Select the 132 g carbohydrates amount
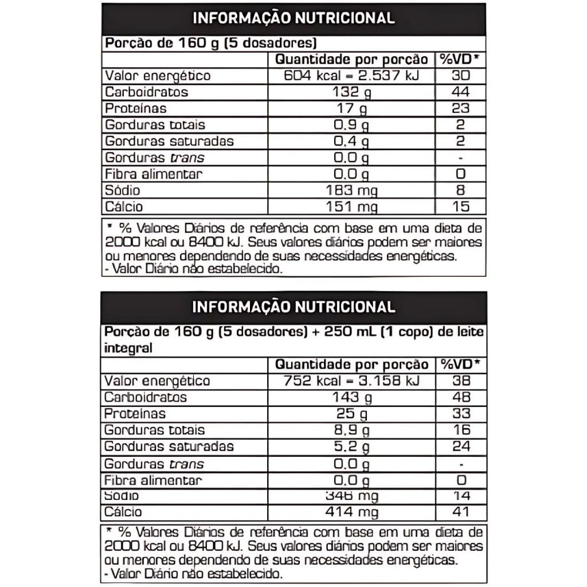pyautogui.click(x=351, y=92)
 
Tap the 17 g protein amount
pyautogui.click(x=351, y=108)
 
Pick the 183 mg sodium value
pyautogui.click(x=351, y=190)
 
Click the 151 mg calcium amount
pyautogui.click(x=351, y=207)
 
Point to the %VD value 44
pyautogui.click(x=460, y=92)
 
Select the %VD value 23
pyautogui.click(x=460, y=108)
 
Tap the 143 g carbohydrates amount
pyautogui.click(x=351, y=397)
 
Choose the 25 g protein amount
pyautogui.click(x=351, y=414)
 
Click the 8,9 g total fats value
pyautogui.click(x=351, y=430)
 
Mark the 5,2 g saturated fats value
pyautogui.click(x=351, y=447)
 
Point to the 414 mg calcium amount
pyautogui.click(x=351, y=512)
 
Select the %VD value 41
pyautogui.click(x=461, y=512)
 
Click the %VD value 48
pyautogui.click(x=461, y=397)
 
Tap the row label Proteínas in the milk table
pyautogui.click(x=135, y=414)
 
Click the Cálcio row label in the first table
pyautogui.click(x=124, y=207)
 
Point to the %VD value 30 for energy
pyautogui.click(x=460, y=76)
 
